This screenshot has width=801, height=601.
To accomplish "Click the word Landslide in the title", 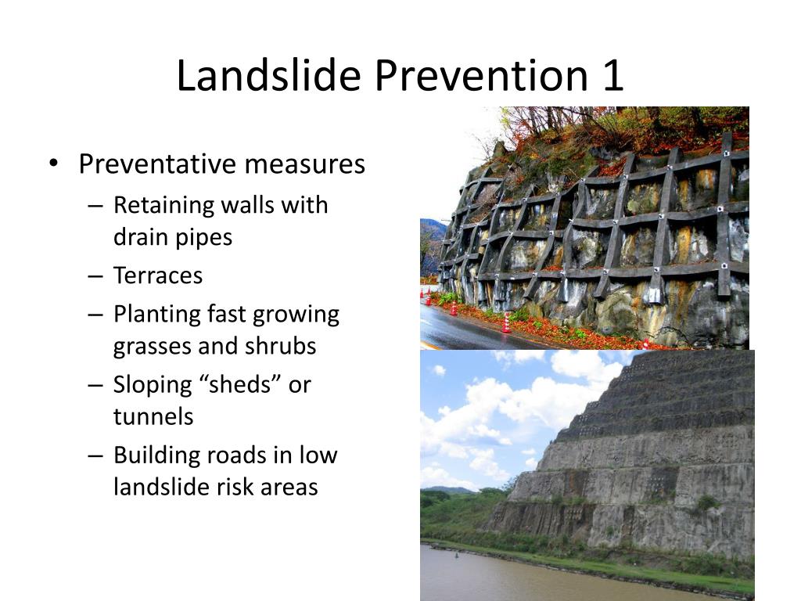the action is (x=269, y=75).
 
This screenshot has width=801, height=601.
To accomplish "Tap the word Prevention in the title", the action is (x=481, y=75).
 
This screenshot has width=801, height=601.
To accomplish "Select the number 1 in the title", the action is (x=612, y=76).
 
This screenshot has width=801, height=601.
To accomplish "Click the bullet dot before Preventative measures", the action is (x=53, y=164).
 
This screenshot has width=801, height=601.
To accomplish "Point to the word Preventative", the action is (x=157, y=164).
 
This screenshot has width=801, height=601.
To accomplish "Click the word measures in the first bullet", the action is (x=305, y=164).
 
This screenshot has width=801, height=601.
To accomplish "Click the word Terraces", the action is (x=158, y=275).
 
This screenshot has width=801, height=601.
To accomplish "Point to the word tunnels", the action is (x=153, y=417).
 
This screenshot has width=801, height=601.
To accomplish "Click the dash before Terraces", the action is (x=95, y=276).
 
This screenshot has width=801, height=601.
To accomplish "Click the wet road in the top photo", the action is (x=470, y=329).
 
